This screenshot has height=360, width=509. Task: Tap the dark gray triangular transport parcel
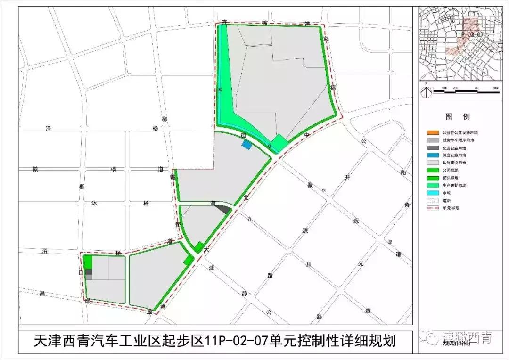224,209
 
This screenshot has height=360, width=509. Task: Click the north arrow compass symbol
426,91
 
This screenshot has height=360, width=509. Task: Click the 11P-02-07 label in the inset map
470,34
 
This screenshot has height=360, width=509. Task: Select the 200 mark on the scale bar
455,89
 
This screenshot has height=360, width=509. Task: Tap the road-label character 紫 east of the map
407,204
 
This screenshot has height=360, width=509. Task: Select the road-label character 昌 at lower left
42,294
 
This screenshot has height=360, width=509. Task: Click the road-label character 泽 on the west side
48,128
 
